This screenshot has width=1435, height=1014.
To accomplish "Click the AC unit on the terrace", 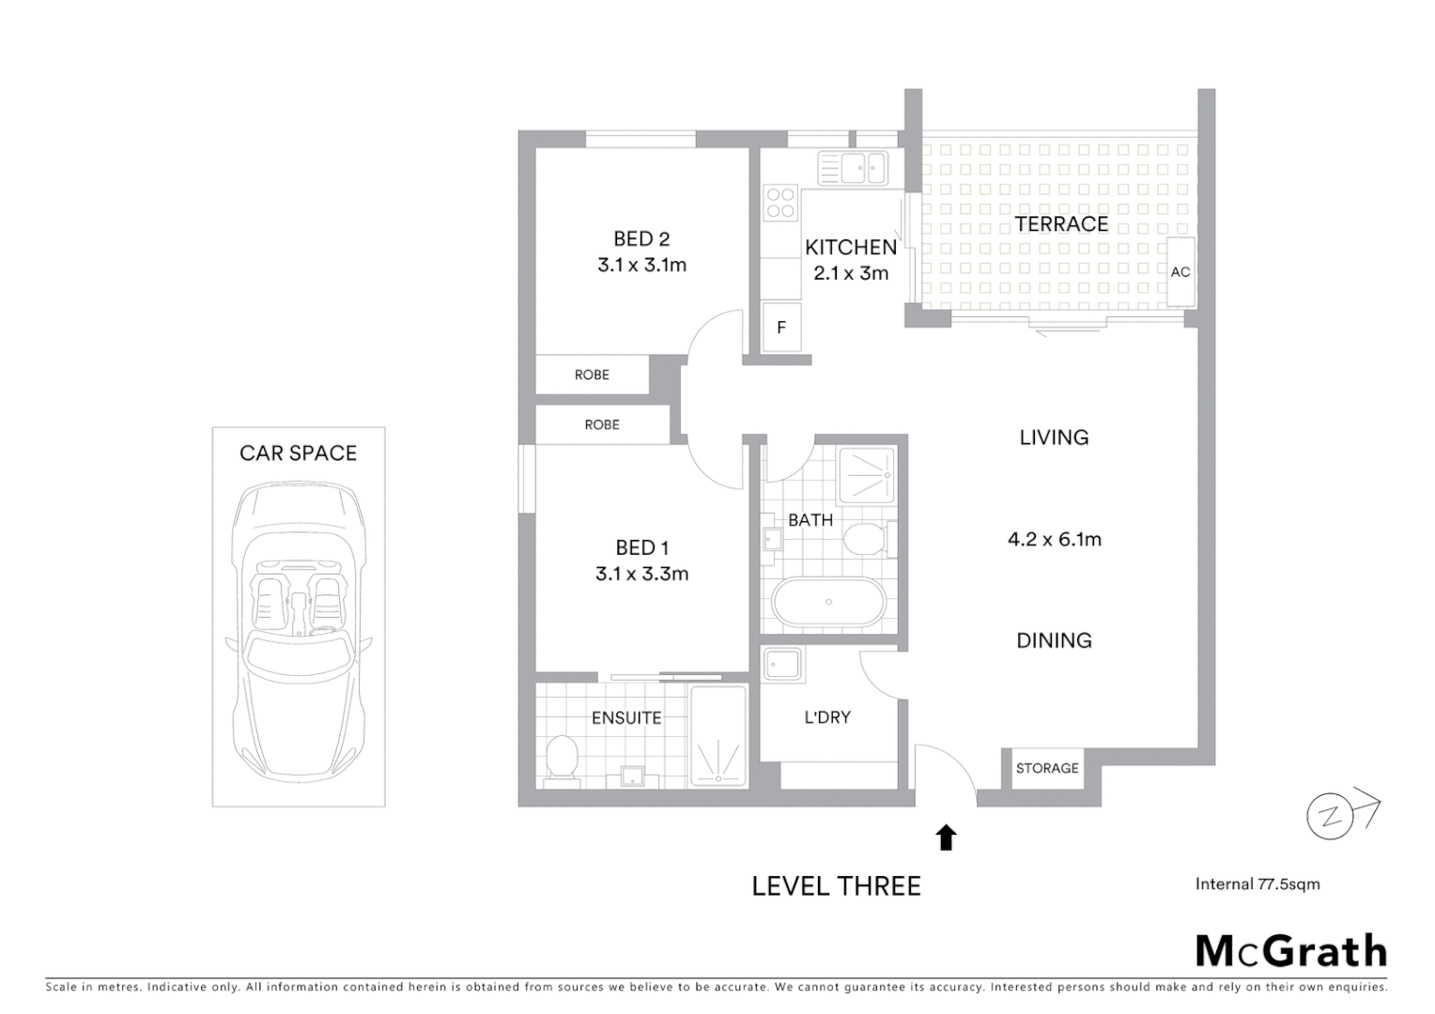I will pos(1180,272).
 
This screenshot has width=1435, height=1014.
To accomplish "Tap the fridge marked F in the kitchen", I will pos(781,328).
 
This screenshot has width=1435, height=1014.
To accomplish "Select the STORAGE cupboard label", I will pos(1047,768).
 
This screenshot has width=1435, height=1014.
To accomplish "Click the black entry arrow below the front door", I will pos(946,837).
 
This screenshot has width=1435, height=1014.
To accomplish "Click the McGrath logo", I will pos(1290,951).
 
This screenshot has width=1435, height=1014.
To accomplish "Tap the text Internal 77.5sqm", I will pos(1257,883).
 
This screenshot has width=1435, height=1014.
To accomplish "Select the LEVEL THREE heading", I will pos(836,885).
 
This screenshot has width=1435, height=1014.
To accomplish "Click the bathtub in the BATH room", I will pos(828,602).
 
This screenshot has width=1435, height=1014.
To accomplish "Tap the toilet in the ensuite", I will pos(562,757).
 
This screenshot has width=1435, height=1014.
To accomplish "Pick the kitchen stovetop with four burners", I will pos(780,203).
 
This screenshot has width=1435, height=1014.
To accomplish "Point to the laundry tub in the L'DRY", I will pos(782,665).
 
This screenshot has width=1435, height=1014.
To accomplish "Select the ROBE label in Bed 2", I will pos(592,375).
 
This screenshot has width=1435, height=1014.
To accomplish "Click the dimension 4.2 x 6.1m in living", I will pos(1054,539).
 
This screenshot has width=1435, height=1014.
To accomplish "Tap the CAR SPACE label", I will pos(298,453).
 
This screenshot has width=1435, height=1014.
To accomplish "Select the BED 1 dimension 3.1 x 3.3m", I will pos(641,574).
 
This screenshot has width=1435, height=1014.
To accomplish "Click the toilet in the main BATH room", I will pos(864,541).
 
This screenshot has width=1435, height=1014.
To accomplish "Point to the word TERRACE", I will pos(1061,223).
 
